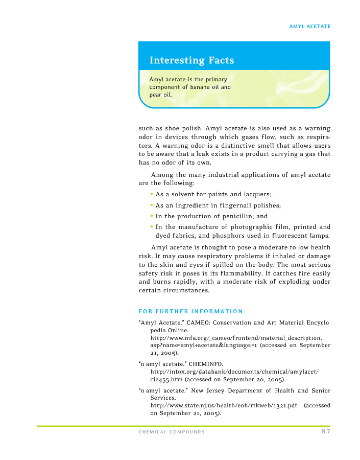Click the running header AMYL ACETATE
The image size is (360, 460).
(x=310, y=26)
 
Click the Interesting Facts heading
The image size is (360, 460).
(x=191, y=60)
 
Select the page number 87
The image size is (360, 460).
(x=326, y=432)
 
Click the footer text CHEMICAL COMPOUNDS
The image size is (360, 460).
(x=172, y=432)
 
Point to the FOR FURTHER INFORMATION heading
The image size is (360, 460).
(x=190, y=311)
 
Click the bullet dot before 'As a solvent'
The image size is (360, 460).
(x=152, y=194)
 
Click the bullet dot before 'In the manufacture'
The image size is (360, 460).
(x=152, y=226)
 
